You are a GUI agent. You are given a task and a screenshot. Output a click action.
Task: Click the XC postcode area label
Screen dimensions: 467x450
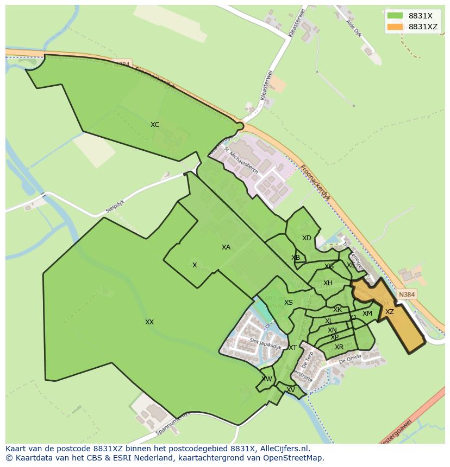click(155, 125)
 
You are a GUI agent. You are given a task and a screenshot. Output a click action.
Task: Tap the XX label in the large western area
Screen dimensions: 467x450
click(149, 322)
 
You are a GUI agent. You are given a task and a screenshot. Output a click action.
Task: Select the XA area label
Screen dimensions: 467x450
click(226, 247)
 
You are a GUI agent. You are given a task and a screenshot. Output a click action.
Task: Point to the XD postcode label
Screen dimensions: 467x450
click(307, 238)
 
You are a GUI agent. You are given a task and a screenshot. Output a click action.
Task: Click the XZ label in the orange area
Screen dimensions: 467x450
click(390, 312)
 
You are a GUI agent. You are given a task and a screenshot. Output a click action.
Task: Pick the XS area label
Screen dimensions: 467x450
click(289, 303)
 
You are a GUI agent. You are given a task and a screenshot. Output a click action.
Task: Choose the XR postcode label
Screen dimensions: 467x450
click(339, 347)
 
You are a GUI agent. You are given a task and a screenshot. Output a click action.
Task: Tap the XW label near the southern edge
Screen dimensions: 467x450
click(267, 379)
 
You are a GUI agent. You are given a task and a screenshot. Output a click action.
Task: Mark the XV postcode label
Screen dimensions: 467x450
click(291, 390)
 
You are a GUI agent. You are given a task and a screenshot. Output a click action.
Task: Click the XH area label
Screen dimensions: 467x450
click(328, 283)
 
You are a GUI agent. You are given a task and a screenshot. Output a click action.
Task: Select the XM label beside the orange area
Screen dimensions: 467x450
click(367, 314)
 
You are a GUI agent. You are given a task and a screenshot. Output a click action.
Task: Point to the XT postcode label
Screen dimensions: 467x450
click(292, 348)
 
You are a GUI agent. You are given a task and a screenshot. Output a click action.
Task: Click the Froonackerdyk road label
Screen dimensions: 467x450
click(315, 183)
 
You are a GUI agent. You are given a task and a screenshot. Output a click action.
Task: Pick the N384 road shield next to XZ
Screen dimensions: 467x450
click(407, 295)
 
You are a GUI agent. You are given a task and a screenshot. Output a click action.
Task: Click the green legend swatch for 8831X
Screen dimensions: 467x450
click(395, 16)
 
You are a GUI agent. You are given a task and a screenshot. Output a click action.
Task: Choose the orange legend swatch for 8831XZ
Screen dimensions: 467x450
click(395, 27)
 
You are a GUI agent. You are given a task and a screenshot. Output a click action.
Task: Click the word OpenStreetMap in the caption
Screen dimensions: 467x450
click(293, 458)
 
